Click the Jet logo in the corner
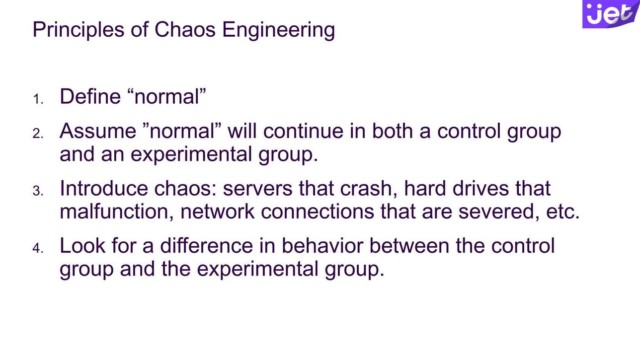pos(611,14)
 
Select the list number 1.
pos(38,99)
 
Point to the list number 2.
pos(38,134)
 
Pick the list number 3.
pos(38,191)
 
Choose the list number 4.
pos(38,248)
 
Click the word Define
pos(90,96)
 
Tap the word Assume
pos(98,131)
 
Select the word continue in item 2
pos(303,131)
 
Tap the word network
pos(218,212)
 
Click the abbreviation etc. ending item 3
pos(563,213)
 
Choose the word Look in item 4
pos(82,246)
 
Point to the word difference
pos(207,246)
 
